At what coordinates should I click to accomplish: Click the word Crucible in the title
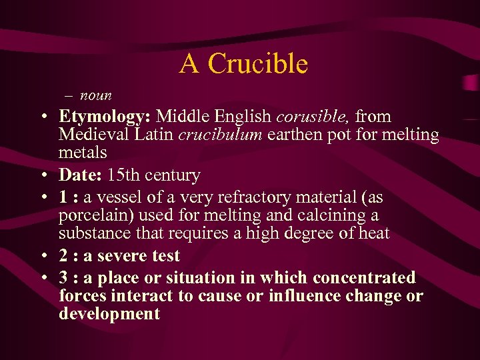(x=257, y=64)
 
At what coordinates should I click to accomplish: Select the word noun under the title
(x=96, y=95)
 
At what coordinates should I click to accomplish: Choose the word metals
(x=83, y=153)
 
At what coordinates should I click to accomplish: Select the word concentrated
(x=364, y=278)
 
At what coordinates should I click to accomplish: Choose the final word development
(x=109, y=314)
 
